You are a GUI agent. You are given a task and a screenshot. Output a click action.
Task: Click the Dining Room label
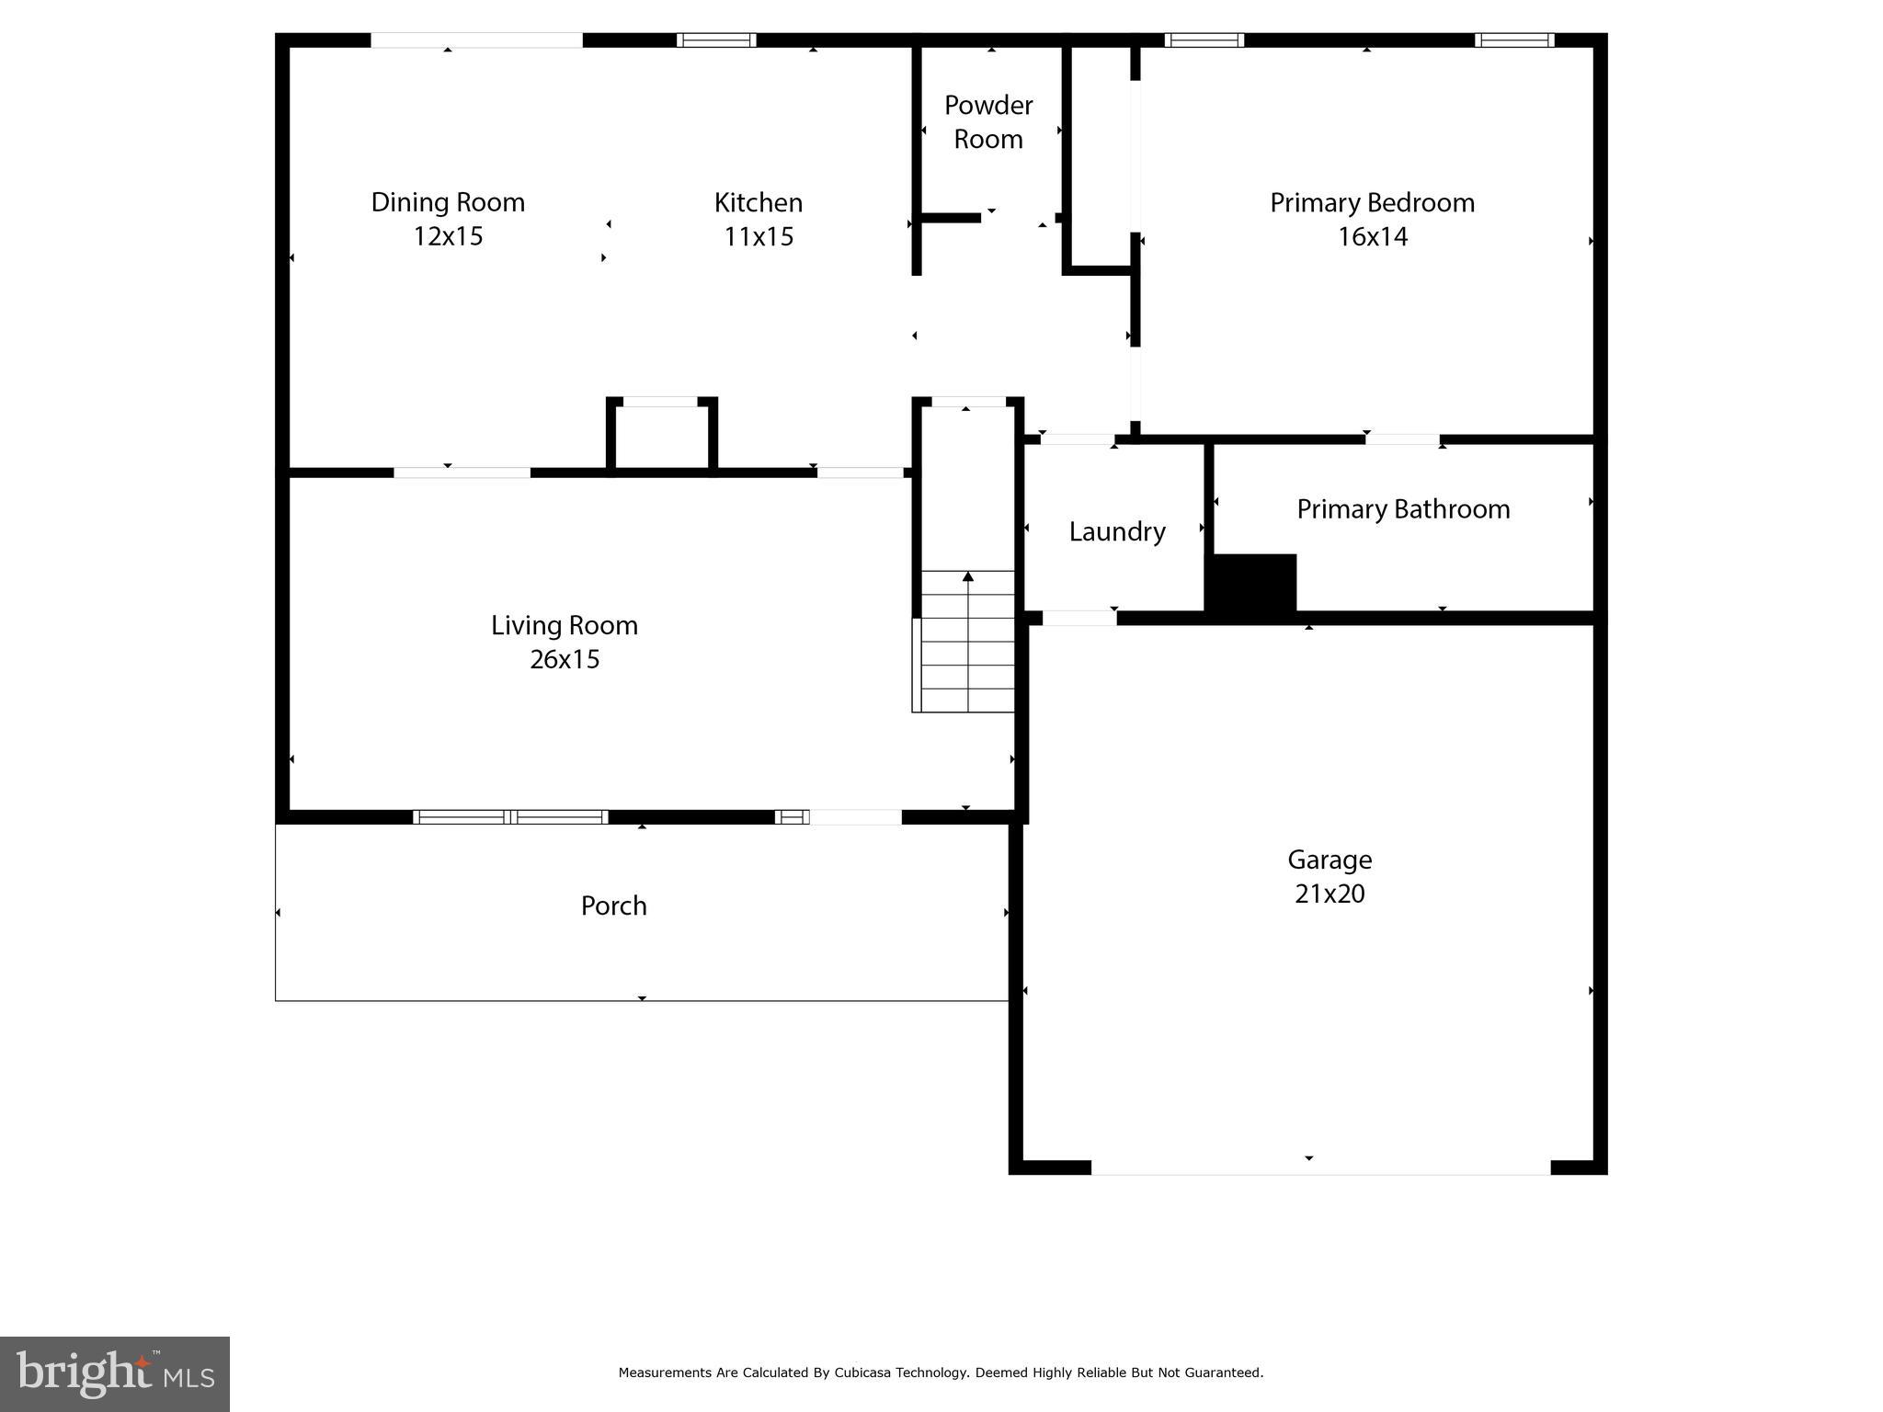click(x=448, y=202)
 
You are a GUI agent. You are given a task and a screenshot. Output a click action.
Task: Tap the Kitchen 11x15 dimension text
click(x=759, y=237)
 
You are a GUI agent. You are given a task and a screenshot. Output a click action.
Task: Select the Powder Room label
click(x=988, y=122)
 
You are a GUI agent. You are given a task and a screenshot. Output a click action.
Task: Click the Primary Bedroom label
click(x=1372, y=202)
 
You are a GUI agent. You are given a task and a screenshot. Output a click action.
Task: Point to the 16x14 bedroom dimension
click(x=1372, y=237)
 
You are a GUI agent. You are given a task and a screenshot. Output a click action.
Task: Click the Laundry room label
click(x=1116, y=531)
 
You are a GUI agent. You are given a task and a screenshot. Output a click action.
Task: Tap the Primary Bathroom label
click(x=1403, y=509)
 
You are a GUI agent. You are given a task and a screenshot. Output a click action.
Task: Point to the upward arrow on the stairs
click(x=968, y=577)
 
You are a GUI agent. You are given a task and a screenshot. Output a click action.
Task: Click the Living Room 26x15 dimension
click(x=565, y=659)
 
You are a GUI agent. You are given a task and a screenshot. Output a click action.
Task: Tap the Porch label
click(x=613, y=906)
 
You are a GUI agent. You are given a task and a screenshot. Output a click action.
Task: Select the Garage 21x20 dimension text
click(x=1330, y=894)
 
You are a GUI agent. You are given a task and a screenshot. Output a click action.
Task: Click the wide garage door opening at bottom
click(x=1320, y=1167)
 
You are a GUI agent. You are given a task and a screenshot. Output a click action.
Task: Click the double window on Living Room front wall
click(x=510, y=817)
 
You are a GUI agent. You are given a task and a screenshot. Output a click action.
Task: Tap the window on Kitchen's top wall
click(x=716, y=40)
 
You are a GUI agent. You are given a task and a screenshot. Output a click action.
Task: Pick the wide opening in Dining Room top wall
click(x=476, y=40)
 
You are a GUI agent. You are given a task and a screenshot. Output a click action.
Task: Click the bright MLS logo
click(x=115, y=1374)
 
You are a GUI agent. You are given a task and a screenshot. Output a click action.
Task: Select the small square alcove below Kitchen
click(x=661, y=436)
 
